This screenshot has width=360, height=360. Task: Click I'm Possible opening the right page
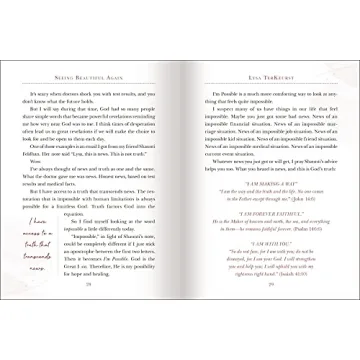[x=209, y=92]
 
